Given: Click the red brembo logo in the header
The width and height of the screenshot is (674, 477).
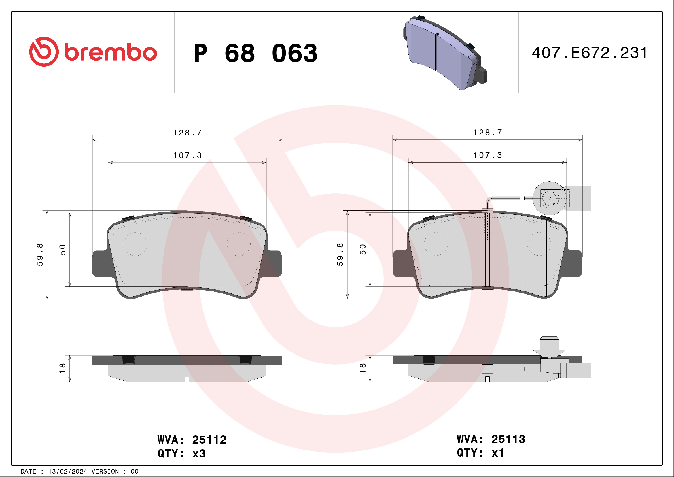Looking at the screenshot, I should tap(93, 52).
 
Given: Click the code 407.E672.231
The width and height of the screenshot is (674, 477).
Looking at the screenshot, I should tap(589, 53).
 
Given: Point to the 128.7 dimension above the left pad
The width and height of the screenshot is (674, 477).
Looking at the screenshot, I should tap(187, 133).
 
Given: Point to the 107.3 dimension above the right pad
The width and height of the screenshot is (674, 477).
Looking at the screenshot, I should tap(488, 155).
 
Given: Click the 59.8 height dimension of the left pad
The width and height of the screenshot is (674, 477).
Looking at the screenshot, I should tap(40, 255).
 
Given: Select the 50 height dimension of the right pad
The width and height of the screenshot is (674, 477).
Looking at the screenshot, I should tap(363, 250).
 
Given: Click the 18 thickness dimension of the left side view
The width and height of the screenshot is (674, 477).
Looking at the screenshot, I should tap(63, 368).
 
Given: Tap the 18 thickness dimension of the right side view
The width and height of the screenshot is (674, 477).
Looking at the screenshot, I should tap(363, 368).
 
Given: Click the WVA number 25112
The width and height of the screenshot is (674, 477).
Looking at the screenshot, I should tap(209, 440).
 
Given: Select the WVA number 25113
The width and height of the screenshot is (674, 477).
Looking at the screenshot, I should tap(508, 440).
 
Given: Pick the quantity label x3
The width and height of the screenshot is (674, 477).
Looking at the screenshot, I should tap(199, 454).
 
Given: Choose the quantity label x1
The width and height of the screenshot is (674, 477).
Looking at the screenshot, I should tap(498, 453).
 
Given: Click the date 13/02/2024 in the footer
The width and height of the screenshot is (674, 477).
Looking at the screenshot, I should tap(67, 472).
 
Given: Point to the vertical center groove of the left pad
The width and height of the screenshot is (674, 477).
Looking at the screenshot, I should tap(187, 250).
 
